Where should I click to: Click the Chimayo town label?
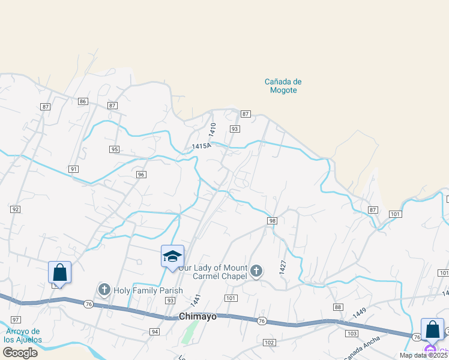click(197, 316)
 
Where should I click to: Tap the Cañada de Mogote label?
click(283, 86)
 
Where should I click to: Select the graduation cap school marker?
click(172, 257)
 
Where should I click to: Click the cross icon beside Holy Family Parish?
click(104, 290)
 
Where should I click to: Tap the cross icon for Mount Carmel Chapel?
click(256, 272)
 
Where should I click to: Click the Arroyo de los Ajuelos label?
click(22, 335)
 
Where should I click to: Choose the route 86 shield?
click(83, 101)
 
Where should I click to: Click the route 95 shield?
click(114, 149)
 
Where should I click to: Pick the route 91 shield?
click(74, 169)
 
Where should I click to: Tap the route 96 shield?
click(141, 175)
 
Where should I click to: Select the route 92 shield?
click(15, 209)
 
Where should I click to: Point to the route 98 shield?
click(272, 221)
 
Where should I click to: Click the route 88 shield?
click(338, 307)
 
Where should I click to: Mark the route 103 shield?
click(352, 333)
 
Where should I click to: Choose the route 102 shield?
click(269, 342)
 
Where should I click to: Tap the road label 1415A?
click(202, 146)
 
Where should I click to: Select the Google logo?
click(20, 353)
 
